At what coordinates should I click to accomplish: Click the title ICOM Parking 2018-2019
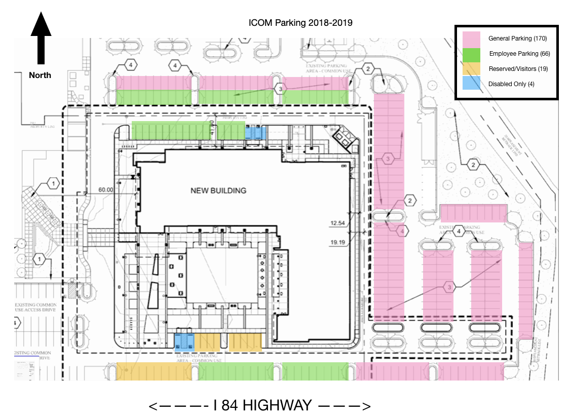pos(300,23)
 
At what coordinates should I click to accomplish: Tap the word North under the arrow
pos(40,75)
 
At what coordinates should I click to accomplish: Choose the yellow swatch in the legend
pos(471,69)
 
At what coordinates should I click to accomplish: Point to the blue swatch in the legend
pos(471,84)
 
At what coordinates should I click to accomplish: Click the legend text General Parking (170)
pos(517,39)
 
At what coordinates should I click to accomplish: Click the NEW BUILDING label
pos(218,191)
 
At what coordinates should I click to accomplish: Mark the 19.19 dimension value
pos(337,243)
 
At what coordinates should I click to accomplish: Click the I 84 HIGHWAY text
pos(262,405)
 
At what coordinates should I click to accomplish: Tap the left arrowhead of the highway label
pos(153,406)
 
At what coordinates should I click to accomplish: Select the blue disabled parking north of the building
pos(255,133)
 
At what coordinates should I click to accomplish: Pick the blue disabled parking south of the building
pos(184,343)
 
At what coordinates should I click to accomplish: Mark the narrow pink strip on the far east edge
pos(526,290)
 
